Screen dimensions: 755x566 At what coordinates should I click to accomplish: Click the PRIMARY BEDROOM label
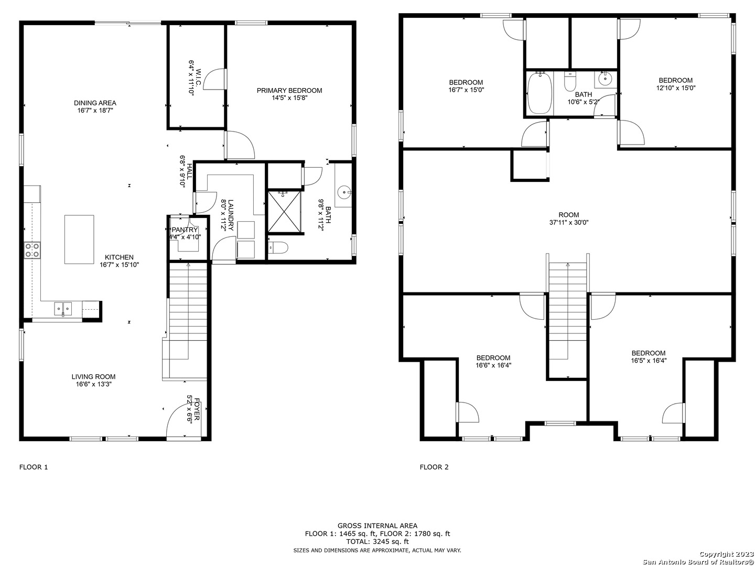[x=289, y=90]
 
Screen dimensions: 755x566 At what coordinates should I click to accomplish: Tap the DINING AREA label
[x=95, y=103]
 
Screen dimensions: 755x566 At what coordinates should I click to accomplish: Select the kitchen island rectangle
[x=79, y=239]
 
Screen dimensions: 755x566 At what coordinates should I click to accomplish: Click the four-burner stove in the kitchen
[x=32, y=250]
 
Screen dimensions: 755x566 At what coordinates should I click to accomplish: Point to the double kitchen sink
[x=63, y=308]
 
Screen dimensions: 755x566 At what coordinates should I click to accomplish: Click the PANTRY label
[x=185, y=230]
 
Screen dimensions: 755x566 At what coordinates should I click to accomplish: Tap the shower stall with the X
[x=284, y=211]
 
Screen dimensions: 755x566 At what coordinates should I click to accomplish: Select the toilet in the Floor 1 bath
[x=278, y=247]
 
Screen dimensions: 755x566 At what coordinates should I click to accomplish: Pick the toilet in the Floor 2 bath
[x=570, y=81]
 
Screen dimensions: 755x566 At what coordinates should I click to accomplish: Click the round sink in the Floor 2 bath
[x=605, y=79]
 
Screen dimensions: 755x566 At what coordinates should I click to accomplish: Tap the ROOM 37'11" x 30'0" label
[x=568, y=219]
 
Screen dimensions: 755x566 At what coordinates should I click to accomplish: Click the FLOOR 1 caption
[x=34, y=467]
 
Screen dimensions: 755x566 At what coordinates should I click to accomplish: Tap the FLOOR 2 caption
[x=434, y=467]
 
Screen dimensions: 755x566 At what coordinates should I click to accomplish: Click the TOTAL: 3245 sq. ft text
[x=377, y=541]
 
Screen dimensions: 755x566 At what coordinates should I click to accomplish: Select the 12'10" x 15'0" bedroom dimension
[x=675, y=88]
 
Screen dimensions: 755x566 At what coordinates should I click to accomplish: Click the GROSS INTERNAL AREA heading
[x=377, y=526]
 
